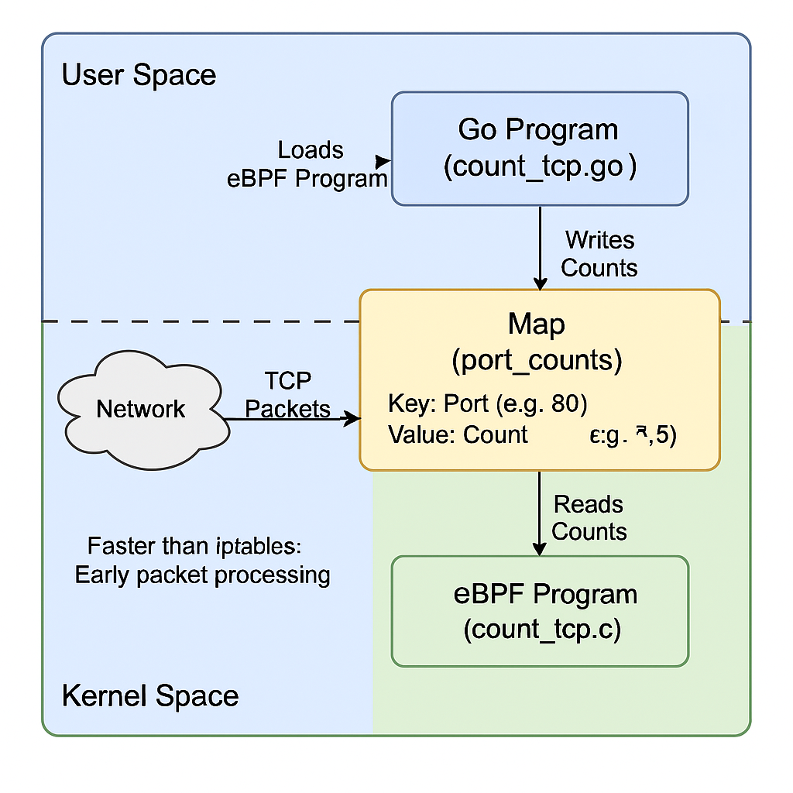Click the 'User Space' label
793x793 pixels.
point(139,76)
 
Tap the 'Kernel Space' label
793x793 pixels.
point(149,695)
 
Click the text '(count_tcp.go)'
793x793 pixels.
point(539,167)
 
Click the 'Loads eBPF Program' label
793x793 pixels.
point(307,164)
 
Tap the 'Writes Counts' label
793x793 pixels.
point(599,254)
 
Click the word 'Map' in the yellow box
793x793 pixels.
point(536,324)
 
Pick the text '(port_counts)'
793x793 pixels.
point(537,361)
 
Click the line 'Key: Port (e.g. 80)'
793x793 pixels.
point(486,405)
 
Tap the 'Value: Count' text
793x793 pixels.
point(458,434)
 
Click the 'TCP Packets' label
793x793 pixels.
point(288,395)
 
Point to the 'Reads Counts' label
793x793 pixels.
point(589,518)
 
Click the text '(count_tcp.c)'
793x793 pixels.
point(542,630)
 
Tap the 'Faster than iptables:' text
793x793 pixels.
point(193,546)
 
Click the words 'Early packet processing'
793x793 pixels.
point(202,575)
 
